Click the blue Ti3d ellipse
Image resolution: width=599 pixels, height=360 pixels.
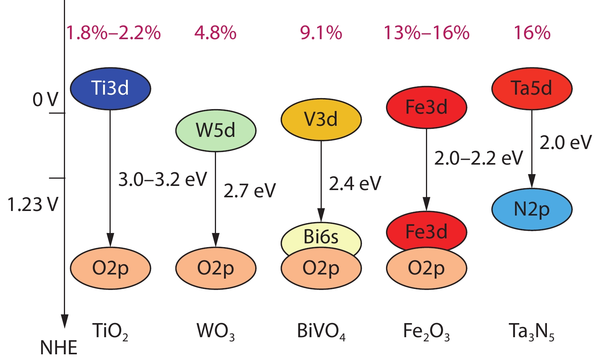110,88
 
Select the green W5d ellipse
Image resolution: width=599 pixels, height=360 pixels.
216,130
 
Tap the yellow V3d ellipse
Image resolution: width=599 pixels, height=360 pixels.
321,119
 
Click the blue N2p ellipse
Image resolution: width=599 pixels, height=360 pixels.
532,209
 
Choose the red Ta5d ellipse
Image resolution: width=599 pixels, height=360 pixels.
532,88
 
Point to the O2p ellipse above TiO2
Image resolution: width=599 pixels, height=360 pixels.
110,268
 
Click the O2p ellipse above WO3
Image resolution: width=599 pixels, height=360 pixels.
216,268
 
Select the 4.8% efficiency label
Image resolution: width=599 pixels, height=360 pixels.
215,33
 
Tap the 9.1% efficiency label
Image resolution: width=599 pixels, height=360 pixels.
321,33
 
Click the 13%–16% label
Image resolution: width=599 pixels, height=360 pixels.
426,33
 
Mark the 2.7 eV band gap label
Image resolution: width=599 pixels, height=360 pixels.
249,190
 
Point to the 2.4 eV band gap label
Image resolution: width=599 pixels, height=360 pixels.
355,184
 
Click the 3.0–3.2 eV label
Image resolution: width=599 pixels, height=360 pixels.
162,179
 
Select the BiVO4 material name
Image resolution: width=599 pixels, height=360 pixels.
321,331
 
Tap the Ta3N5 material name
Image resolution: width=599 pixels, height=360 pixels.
532,331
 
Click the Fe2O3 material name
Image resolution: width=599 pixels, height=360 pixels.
426,331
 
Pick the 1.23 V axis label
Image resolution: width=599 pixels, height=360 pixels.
33,205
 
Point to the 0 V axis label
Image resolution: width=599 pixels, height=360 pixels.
45,100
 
